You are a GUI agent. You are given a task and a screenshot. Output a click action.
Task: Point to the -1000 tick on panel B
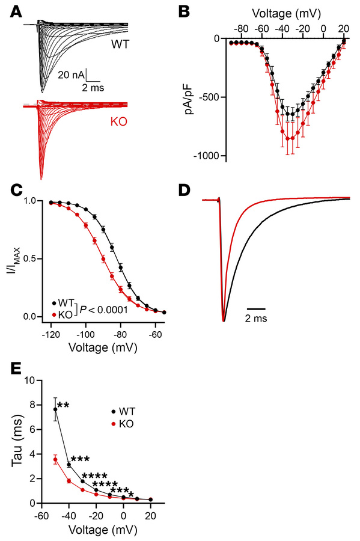(x=209, y=156)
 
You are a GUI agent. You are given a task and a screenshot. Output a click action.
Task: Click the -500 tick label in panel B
(x=212, y=97)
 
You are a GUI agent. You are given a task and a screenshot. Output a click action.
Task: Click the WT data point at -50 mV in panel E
(x=55, y=409)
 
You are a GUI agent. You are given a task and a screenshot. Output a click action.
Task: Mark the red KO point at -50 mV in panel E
(x=55, y=459)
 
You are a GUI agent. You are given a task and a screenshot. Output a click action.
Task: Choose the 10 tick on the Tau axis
(x=31, y=381)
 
